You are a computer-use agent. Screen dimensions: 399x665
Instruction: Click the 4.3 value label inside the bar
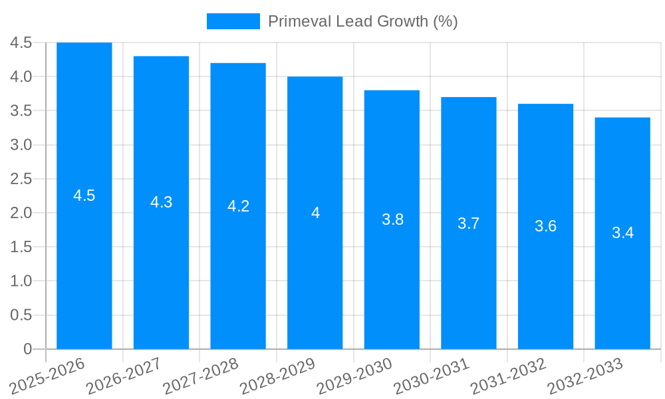[x=162, y=203]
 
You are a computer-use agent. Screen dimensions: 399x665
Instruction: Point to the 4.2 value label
[x=239, y=206]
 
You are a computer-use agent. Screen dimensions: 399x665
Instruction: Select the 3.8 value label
[x=392, y=219]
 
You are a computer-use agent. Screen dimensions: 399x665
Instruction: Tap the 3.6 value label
[x=545, y=226]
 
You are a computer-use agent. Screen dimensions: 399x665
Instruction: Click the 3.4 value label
[x=622, y=233]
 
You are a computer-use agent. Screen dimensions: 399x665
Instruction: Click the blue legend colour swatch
[x=233, y=21]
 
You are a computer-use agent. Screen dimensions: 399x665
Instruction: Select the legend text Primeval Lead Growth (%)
[x=362, y=21]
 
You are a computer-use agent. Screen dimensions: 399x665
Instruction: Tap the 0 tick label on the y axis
[x=27, y=349]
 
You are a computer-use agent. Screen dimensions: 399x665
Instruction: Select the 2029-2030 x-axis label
[x=356, y=376]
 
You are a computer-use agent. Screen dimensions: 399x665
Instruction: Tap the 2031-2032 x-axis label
[x=509, y=376]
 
